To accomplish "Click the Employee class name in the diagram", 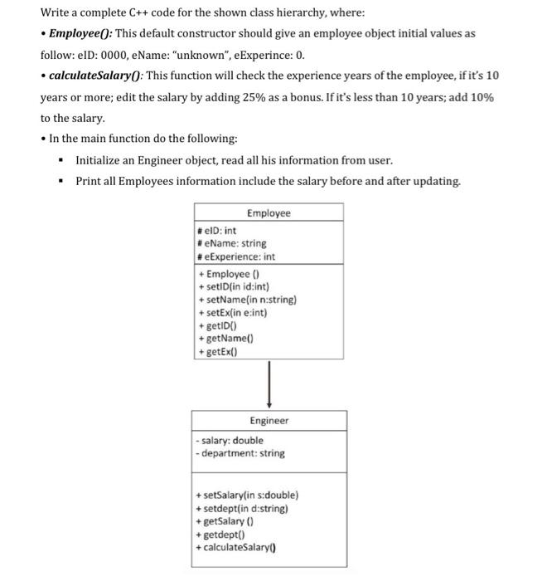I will [x=269, y=213].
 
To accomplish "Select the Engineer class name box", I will [x=269, y=421].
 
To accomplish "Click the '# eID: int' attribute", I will [x=218, y=231].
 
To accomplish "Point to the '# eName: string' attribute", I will [x=232, y=244].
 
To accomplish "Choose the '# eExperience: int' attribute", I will [x=236, y=257].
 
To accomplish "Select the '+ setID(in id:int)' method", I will [x=235, y=287].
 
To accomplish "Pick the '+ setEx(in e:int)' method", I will [x=234, y=313].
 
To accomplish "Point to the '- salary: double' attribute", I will [x=228, y=441].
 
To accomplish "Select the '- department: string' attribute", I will [x=240, y=454].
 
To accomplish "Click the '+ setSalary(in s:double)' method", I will [x=246, y=496].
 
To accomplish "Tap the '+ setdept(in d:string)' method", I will [x=241, y=509].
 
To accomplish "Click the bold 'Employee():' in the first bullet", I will [x=85, y=32].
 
